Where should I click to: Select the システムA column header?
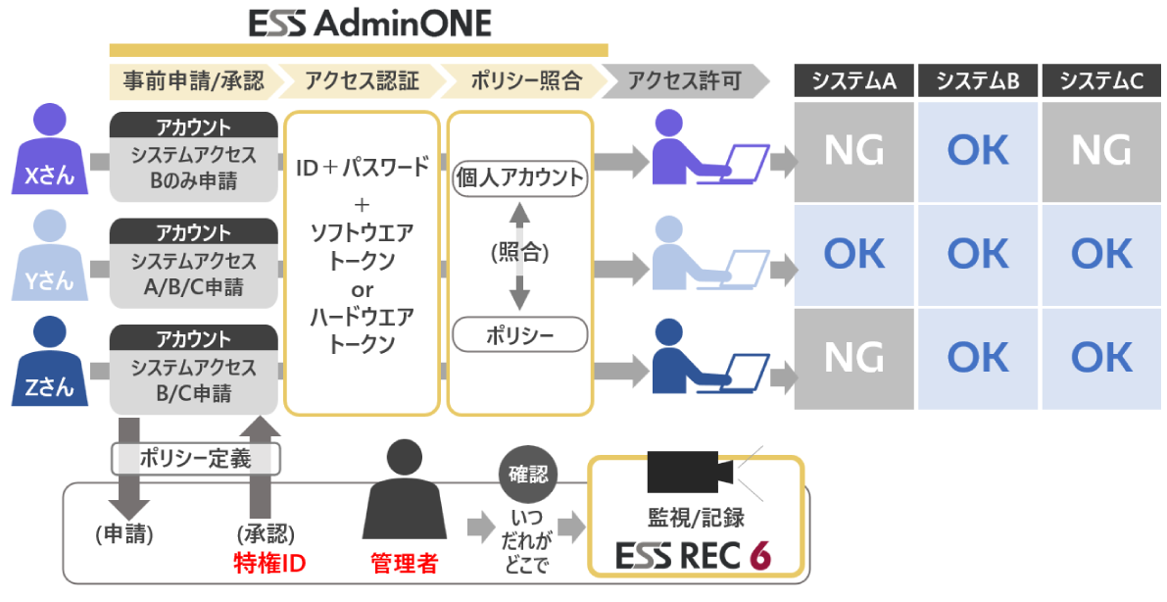tap(853, 81)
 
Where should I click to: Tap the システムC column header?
tap(1101, 81)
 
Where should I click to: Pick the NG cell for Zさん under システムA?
tap(853, 358)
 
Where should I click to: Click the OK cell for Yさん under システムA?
tap(853, 254)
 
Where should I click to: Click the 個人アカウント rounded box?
tap(519, 178)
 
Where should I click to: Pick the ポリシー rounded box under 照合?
tap(519, 335)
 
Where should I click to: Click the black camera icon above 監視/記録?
tap(692, 474)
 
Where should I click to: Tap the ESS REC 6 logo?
tap(694, 555)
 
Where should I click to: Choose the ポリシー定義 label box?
tap(196, 457)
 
